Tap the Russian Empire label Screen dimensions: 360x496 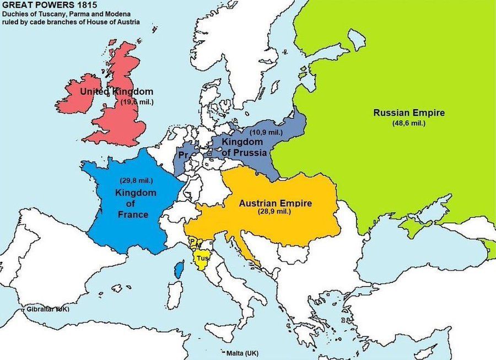[408, 113]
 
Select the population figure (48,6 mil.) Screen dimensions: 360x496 [408, 123]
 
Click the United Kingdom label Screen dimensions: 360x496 [117, 92]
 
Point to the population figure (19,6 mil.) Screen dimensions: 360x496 [137, 102]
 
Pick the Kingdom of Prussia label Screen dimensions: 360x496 [244, 147]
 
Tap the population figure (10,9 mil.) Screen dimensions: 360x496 [266, 133]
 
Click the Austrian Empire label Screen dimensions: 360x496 [275, 203]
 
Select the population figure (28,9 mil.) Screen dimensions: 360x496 [274, 212]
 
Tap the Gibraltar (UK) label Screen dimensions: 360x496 [47, 310]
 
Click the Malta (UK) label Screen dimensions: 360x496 [242, 353]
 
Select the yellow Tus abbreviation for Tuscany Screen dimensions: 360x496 [202, 258]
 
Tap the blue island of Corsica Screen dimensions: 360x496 [179, 270]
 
